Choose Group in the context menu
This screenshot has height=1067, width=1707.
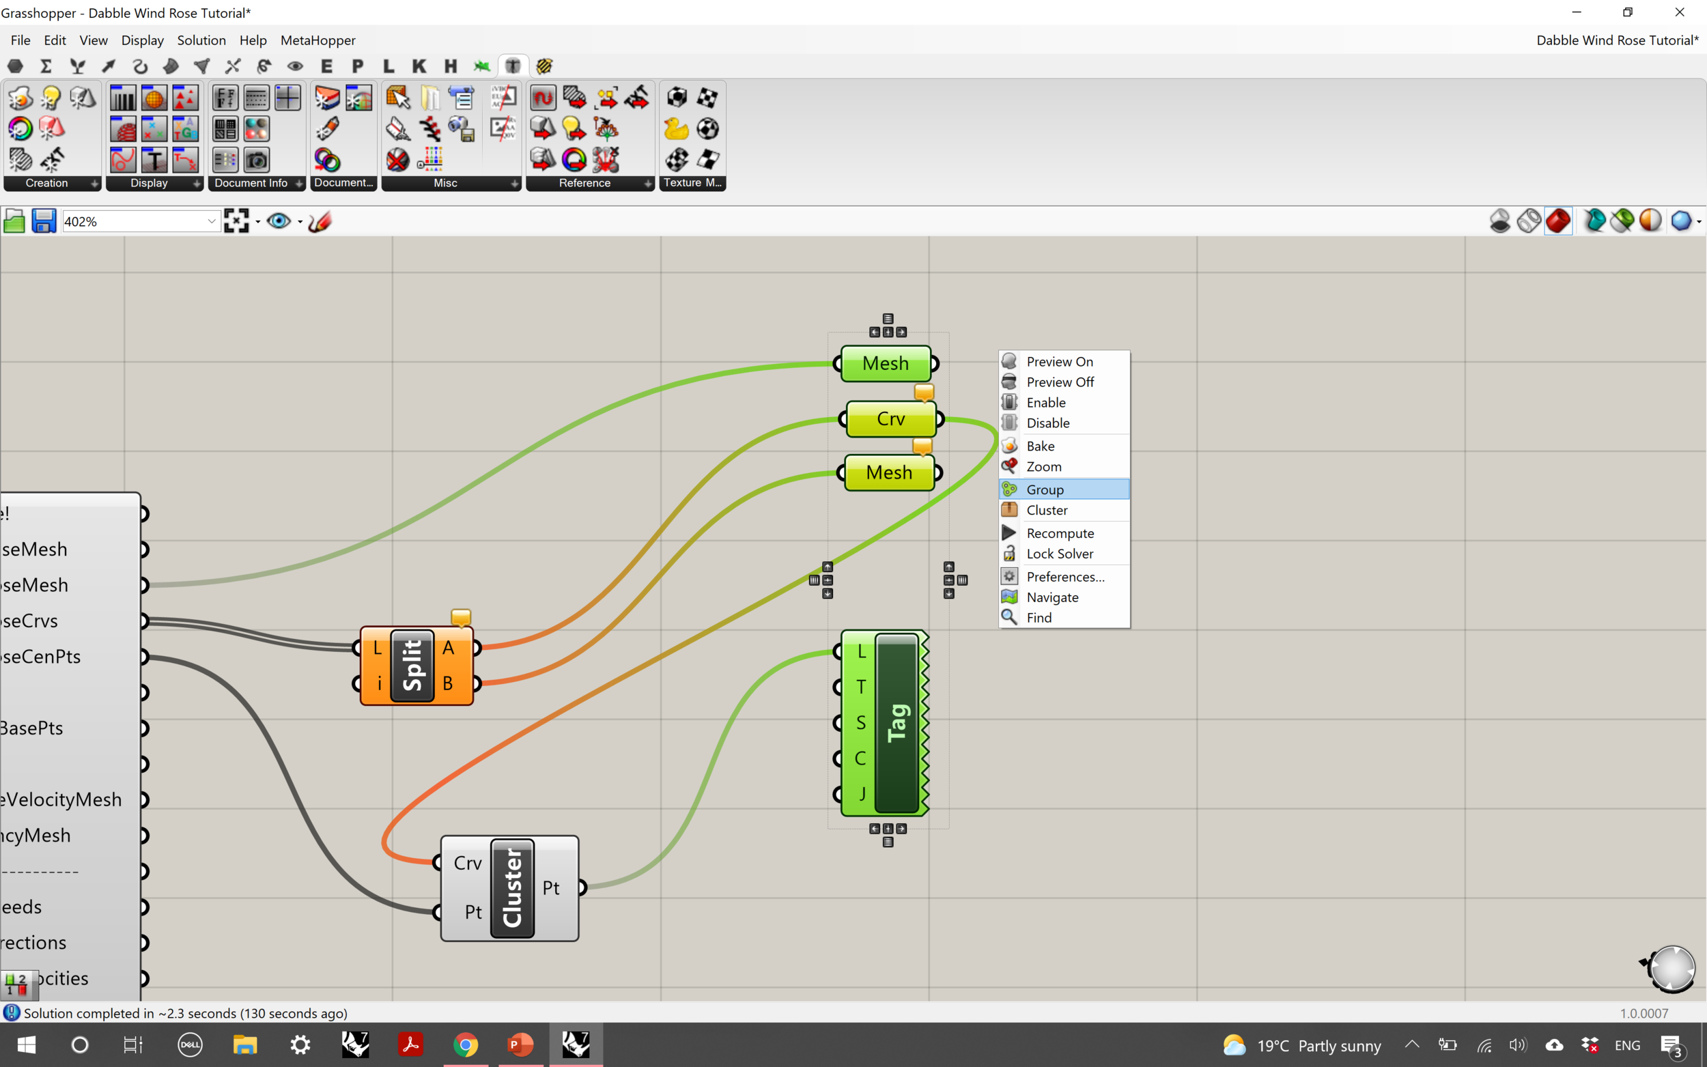click(1045, 489)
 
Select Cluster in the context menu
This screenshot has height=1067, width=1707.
click(1047, 509)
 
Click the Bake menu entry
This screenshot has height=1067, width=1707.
click(1040, 446)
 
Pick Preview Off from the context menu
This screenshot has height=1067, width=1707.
click(1059, 382)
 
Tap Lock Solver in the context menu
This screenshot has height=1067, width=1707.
click(1059, 554)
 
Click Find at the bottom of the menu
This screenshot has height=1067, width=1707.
click(1039, 618)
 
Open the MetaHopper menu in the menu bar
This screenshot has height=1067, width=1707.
click(318, 40)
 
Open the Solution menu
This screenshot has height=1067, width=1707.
click(201, 40)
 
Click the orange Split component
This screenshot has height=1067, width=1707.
click(413, 666)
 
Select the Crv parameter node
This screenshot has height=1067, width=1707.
click(890, 419)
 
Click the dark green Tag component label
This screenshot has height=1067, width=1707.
click(897, 723)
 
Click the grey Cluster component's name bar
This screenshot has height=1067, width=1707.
click(512, 887)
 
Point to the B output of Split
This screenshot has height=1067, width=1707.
click(448, 683)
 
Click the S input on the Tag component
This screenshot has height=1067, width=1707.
click(860, 723)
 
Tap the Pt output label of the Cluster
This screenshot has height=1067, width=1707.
click(551, 887)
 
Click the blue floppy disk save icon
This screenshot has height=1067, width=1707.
click(44, 222)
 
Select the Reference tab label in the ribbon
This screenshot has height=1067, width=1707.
click(584, 183)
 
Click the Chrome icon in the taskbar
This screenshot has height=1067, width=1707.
click(465, 1044)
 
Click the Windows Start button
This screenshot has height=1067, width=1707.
click(26, 1044)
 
